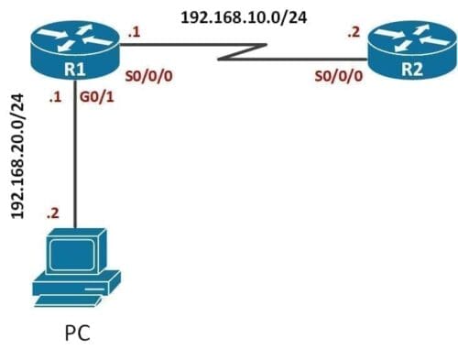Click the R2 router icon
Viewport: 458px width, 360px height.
coord(410,54)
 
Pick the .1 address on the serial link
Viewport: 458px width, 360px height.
coord(135,33)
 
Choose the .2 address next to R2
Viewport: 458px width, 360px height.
coord(354,32)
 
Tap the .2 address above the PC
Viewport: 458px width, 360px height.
coord(54,213)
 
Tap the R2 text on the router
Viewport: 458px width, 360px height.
coord(411,67)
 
